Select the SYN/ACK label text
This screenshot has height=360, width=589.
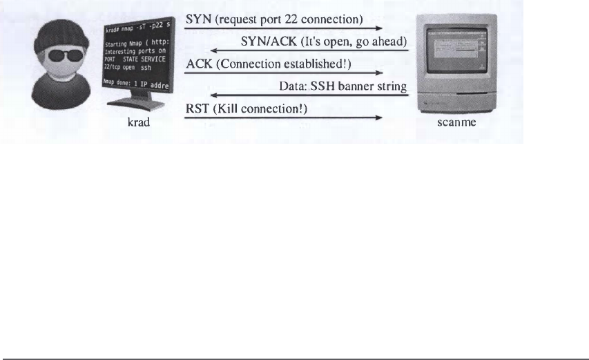click(x=268, y=42)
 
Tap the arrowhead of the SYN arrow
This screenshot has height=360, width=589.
click(x=379, y=28)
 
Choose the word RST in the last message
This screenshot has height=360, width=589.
click(x=197, y=109)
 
